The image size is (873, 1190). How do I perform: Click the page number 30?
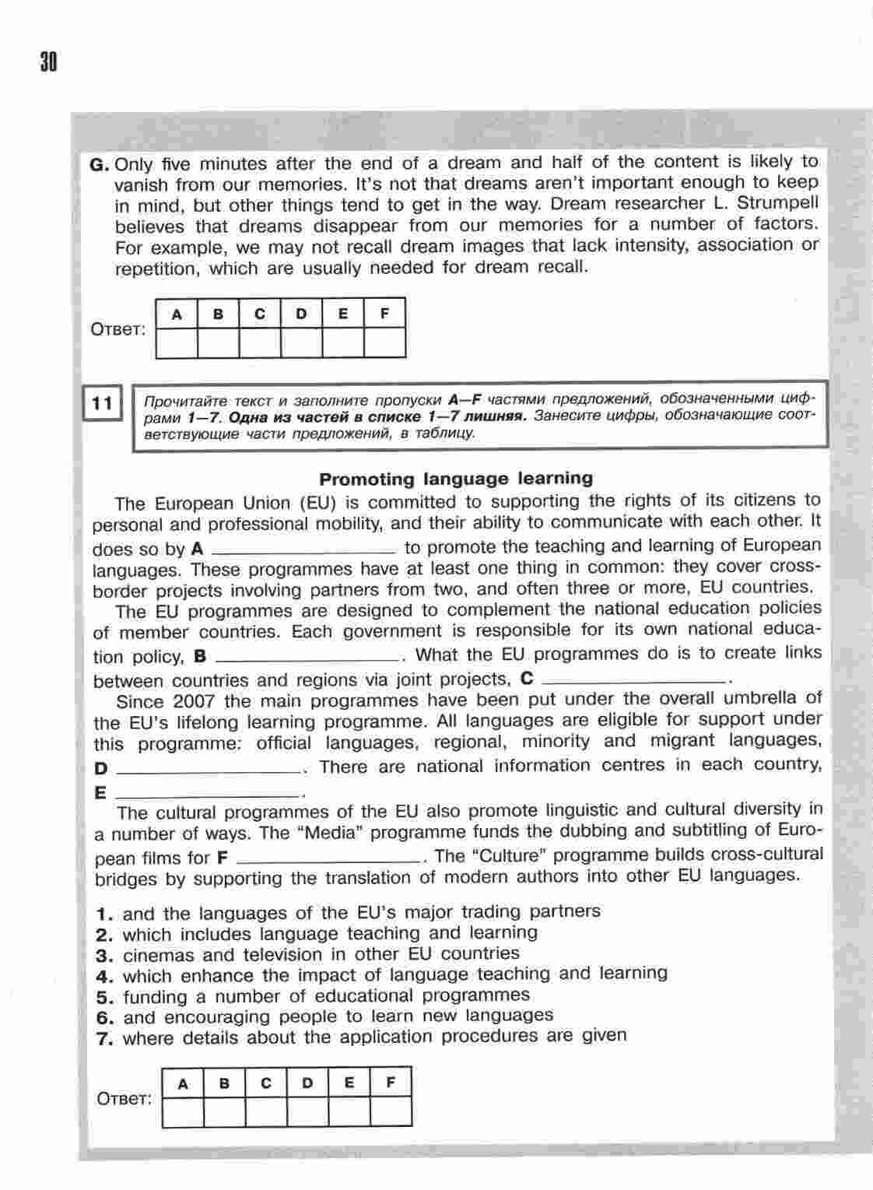[48, 61]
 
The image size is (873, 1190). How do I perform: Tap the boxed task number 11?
[103, 403]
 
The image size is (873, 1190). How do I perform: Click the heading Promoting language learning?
[456, 479]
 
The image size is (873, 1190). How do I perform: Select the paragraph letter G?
[100, 164]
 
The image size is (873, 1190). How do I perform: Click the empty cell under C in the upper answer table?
[260, 342]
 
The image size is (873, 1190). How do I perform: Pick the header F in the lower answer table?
[391, 1083]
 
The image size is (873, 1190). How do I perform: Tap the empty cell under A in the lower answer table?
[184, 1111]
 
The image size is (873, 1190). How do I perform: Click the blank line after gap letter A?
[303, 551]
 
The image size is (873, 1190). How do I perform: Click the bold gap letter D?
[100, 769]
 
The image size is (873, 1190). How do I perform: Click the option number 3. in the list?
[105, 955]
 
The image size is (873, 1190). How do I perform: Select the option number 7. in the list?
[105, 1038]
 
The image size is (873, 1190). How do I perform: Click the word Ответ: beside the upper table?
[118, 329]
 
